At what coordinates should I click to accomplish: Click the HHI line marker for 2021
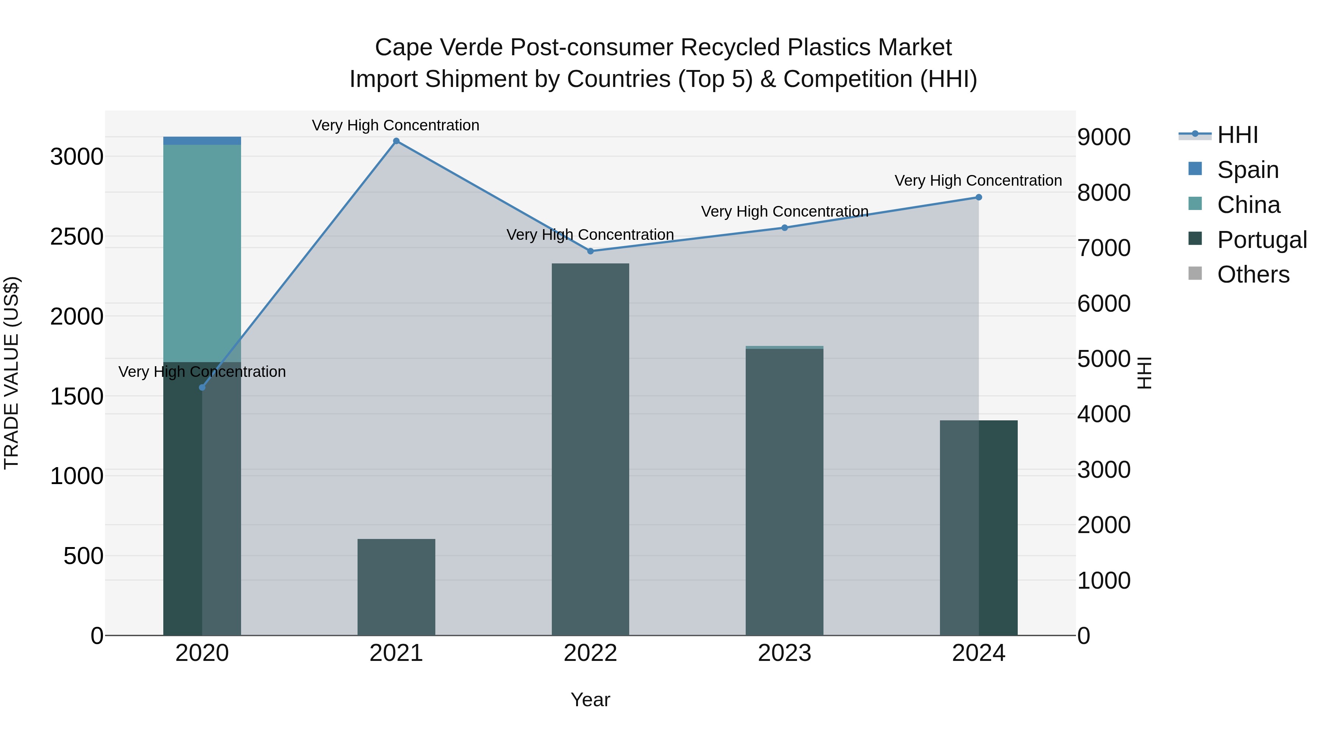tap(396, 141)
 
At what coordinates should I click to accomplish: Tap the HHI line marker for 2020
tap(202, 387)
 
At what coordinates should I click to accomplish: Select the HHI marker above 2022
tap(591, 251)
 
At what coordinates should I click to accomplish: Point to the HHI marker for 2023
tap(784, 228)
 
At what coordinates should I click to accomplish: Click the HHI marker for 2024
tap(979, 197)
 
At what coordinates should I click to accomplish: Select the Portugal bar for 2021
tap(396, 587)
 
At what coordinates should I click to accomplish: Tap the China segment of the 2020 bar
tap(202, 252)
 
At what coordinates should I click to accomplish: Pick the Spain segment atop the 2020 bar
tap(202, 141)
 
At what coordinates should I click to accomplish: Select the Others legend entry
tap(1253, 274)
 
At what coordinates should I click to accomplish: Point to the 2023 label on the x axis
tap(784, 653)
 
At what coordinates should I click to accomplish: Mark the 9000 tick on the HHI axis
tap(1104, 137)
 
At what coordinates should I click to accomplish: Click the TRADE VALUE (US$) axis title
tap(11, 373)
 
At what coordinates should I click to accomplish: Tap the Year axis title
tap(591, 700)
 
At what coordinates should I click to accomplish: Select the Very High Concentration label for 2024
tap(978, 181)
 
